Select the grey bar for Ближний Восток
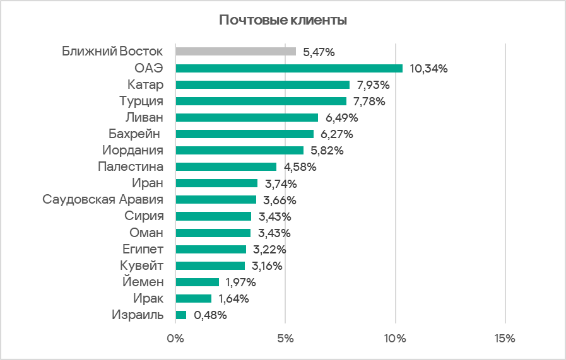235,52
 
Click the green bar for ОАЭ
288,68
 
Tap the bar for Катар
262,84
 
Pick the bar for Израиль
180,315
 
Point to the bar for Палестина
225,167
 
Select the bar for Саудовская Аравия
215,200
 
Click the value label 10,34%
428,69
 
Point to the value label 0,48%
211,315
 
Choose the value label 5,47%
319,52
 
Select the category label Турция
141,101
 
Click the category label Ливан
144,117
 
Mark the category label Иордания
133,151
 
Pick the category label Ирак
148,298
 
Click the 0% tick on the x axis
175,339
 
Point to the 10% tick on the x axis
395,339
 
